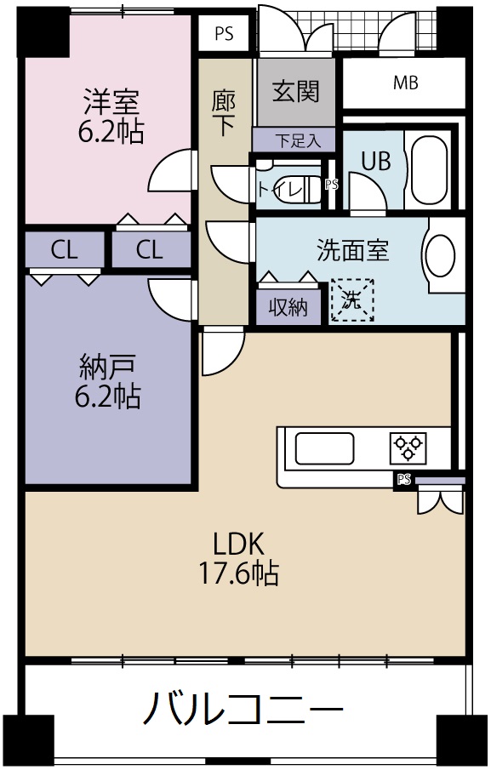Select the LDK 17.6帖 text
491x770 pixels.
[241, 558]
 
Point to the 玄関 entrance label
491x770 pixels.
[295, 90]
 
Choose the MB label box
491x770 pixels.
[405, 83]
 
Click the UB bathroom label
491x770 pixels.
[375, 161]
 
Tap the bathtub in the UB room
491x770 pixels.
[435, 169]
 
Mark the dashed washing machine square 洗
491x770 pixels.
[352, 300]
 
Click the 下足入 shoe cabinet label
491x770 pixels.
[294, 140]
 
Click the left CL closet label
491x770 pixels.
[65, 250]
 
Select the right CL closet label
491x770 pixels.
[150, 250]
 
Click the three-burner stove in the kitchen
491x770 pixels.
[408, 448]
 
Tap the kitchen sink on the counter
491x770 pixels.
[323, 448]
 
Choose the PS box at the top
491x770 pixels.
[225, 35]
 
